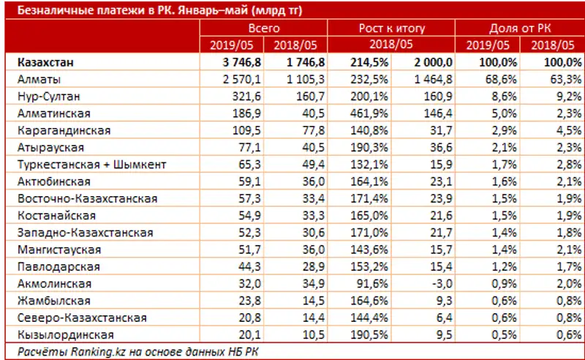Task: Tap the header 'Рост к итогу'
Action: (391, 29)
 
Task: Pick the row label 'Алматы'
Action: (36, 79)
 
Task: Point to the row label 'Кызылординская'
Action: (61, 334)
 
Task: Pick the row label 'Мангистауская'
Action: (56, 250)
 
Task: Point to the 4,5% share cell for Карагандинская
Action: (554, 130)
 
